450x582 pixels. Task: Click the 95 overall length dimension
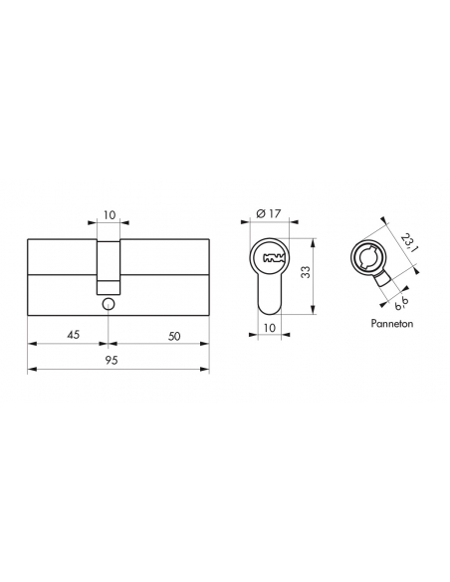pos(112,360)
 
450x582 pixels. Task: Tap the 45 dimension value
pos(73,335)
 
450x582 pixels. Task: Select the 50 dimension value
pos(174,336)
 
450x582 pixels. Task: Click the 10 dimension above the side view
pos(110,215)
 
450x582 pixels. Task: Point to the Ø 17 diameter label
pos(269,214)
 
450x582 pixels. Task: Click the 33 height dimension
pos(307,272)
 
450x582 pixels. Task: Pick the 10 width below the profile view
pos(270,328)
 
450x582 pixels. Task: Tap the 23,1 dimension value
pos(409,242)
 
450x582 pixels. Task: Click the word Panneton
pos(392,324)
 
